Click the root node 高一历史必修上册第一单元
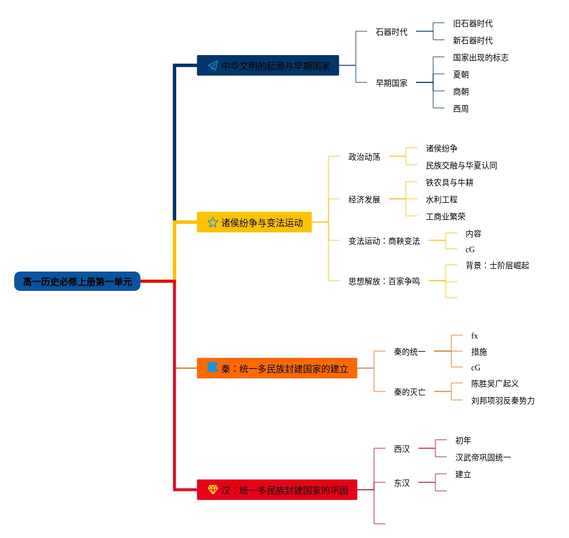(77, 281)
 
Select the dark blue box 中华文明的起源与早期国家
(268, 65)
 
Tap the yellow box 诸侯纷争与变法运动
(254, 222)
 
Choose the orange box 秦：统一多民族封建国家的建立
(277, 369)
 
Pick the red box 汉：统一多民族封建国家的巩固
(277, 490)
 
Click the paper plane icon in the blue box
(213, 65)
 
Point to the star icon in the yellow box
(213, 222)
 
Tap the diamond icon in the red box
(213, 489)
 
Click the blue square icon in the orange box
(213, 368)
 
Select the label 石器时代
(391, 32)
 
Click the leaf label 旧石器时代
(472, 23)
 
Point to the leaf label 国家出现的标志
(480, 57)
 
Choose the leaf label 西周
(460, 109)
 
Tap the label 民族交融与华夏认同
(461, 165)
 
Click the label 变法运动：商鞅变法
(384, 241)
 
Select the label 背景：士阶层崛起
(497, 265)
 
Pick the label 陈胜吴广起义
(495, 383)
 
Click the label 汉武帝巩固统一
(483, 457)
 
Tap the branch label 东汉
(401, 483)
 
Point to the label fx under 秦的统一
(474, 336)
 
